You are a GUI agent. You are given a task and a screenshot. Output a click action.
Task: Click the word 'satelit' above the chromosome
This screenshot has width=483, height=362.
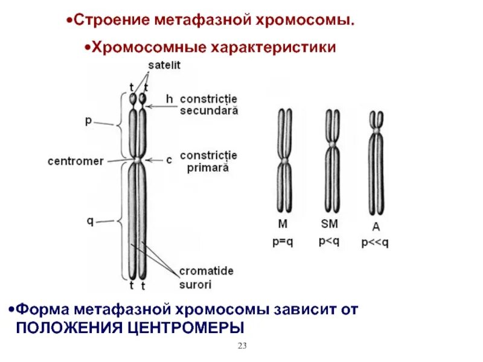tap(165, 65)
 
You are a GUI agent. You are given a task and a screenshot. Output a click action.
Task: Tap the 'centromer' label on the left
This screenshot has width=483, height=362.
tap(75, 161)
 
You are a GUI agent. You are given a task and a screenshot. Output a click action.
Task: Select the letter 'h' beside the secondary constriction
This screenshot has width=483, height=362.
tap(170, 98)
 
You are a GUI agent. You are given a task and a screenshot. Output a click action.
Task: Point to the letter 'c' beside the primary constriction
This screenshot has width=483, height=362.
tap(169, 160)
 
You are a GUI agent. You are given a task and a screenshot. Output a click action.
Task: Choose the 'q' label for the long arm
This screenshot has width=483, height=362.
tap(89, 221)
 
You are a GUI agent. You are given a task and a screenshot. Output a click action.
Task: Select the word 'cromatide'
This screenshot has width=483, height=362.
tap(206, 271)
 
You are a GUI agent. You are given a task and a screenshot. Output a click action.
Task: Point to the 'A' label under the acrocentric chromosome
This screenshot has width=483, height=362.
tap(376, 227)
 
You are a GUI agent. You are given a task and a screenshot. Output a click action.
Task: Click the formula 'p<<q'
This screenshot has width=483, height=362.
tap(375, 243)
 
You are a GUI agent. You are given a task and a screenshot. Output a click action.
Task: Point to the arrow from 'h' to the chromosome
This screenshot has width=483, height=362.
tap(156, 106)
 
